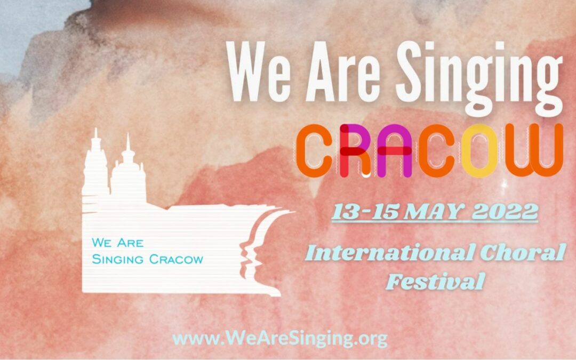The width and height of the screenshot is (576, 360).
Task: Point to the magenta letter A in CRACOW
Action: (393, 150)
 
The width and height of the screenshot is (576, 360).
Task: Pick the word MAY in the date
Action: (430, 212)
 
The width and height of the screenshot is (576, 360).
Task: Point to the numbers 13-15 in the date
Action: (363, 212)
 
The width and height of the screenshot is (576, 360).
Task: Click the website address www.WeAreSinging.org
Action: (280, 338)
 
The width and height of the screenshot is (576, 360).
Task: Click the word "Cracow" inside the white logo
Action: (177, 260)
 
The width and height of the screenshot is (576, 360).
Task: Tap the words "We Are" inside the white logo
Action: (117, 243)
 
